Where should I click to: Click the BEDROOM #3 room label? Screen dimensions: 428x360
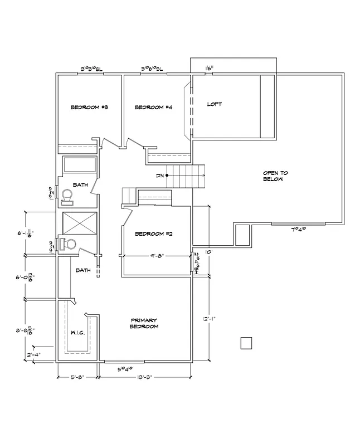89,108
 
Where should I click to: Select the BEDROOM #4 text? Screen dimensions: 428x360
153,108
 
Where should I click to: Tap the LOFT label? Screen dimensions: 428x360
215,104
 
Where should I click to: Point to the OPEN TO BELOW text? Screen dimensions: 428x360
276,176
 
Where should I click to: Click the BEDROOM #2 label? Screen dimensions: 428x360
153,234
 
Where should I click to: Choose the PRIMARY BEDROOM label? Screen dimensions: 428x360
144,323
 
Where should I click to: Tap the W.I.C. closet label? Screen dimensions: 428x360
77,333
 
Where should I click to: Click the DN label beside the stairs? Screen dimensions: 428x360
160,176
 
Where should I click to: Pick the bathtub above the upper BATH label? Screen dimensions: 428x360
79,165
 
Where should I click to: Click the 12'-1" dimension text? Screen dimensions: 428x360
210,319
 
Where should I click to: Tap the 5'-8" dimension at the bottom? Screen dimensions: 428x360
77,377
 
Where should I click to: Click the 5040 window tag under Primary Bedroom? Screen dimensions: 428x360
125,368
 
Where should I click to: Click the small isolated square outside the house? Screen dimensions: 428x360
246,343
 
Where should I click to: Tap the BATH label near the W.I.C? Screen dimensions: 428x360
83,270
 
